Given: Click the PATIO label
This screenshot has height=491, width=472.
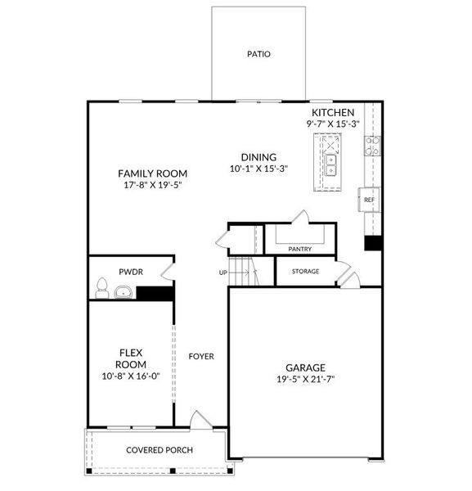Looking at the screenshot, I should [258, 54].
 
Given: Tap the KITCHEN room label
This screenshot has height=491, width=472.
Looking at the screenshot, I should [332, 112].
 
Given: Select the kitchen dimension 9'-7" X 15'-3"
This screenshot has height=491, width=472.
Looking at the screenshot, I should [332, 124].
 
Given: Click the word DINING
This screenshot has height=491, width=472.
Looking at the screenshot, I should [258, 158].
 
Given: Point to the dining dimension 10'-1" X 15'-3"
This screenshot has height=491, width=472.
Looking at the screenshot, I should [258, 169].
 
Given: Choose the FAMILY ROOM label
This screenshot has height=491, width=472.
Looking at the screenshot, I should [152, 173].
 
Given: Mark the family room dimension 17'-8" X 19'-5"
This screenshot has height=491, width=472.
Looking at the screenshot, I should [152, 186].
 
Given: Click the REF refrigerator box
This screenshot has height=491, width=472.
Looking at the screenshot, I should [369, 200].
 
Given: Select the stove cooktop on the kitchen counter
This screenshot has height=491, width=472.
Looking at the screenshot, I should [372, 146].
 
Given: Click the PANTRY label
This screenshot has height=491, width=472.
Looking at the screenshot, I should [300, 248].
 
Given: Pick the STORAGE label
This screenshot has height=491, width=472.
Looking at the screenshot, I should [305, 271].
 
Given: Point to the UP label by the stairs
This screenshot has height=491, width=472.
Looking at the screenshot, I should [223, 273].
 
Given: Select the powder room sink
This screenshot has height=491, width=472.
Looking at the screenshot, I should [124, 292].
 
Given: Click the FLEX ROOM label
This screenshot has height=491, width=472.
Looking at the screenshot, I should [130, 358].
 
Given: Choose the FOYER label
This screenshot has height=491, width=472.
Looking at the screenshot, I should [201, 356].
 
